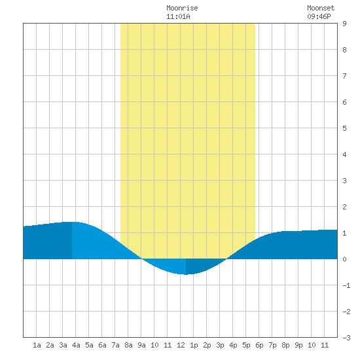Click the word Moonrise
182,8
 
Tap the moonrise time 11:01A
178,16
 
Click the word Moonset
321,8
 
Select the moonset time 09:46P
319,16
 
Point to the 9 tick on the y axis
344,24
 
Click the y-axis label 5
344,128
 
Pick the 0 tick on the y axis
344,259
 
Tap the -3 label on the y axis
346,338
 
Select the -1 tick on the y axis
346,285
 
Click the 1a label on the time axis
37,345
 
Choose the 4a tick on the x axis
76,345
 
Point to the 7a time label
115,345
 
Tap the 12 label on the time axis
181,345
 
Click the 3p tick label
220,345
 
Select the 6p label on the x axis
259,345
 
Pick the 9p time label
298,345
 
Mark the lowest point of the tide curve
186,274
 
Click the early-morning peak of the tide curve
72,222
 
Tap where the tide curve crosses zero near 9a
141,259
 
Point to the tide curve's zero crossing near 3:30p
227,259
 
